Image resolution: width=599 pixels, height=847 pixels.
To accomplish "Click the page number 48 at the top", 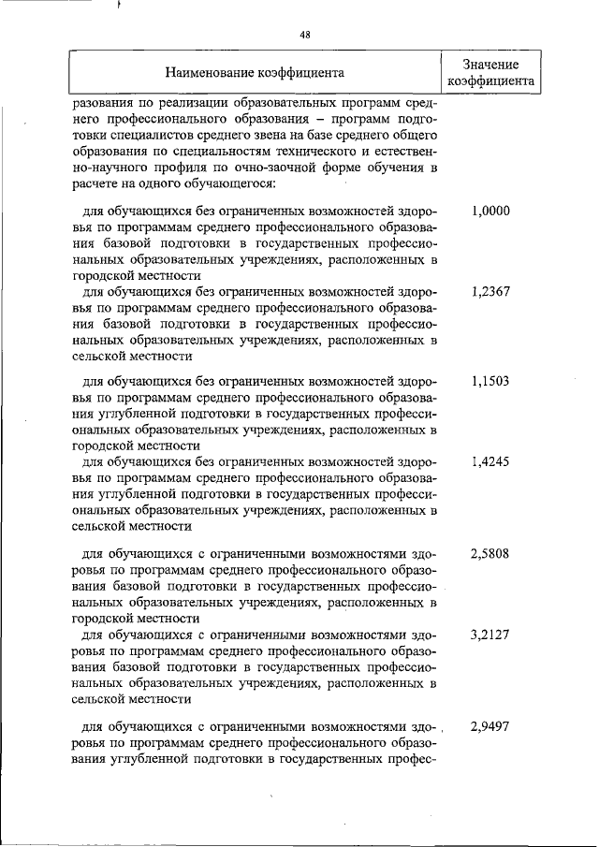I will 304,35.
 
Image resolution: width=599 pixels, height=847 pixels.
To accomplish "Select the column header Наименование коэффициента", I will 255,71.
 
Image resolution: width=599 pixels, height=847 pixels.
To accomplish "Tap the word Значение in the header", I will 490,63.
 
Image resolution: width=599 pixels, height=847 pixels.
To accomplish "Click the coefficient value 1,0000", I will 490,212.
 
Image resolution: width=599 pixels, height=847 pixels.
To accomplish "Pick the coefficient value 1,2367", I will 490,291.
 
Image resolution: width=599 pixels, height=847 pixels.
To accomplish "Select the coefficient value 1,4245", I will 490,461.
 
